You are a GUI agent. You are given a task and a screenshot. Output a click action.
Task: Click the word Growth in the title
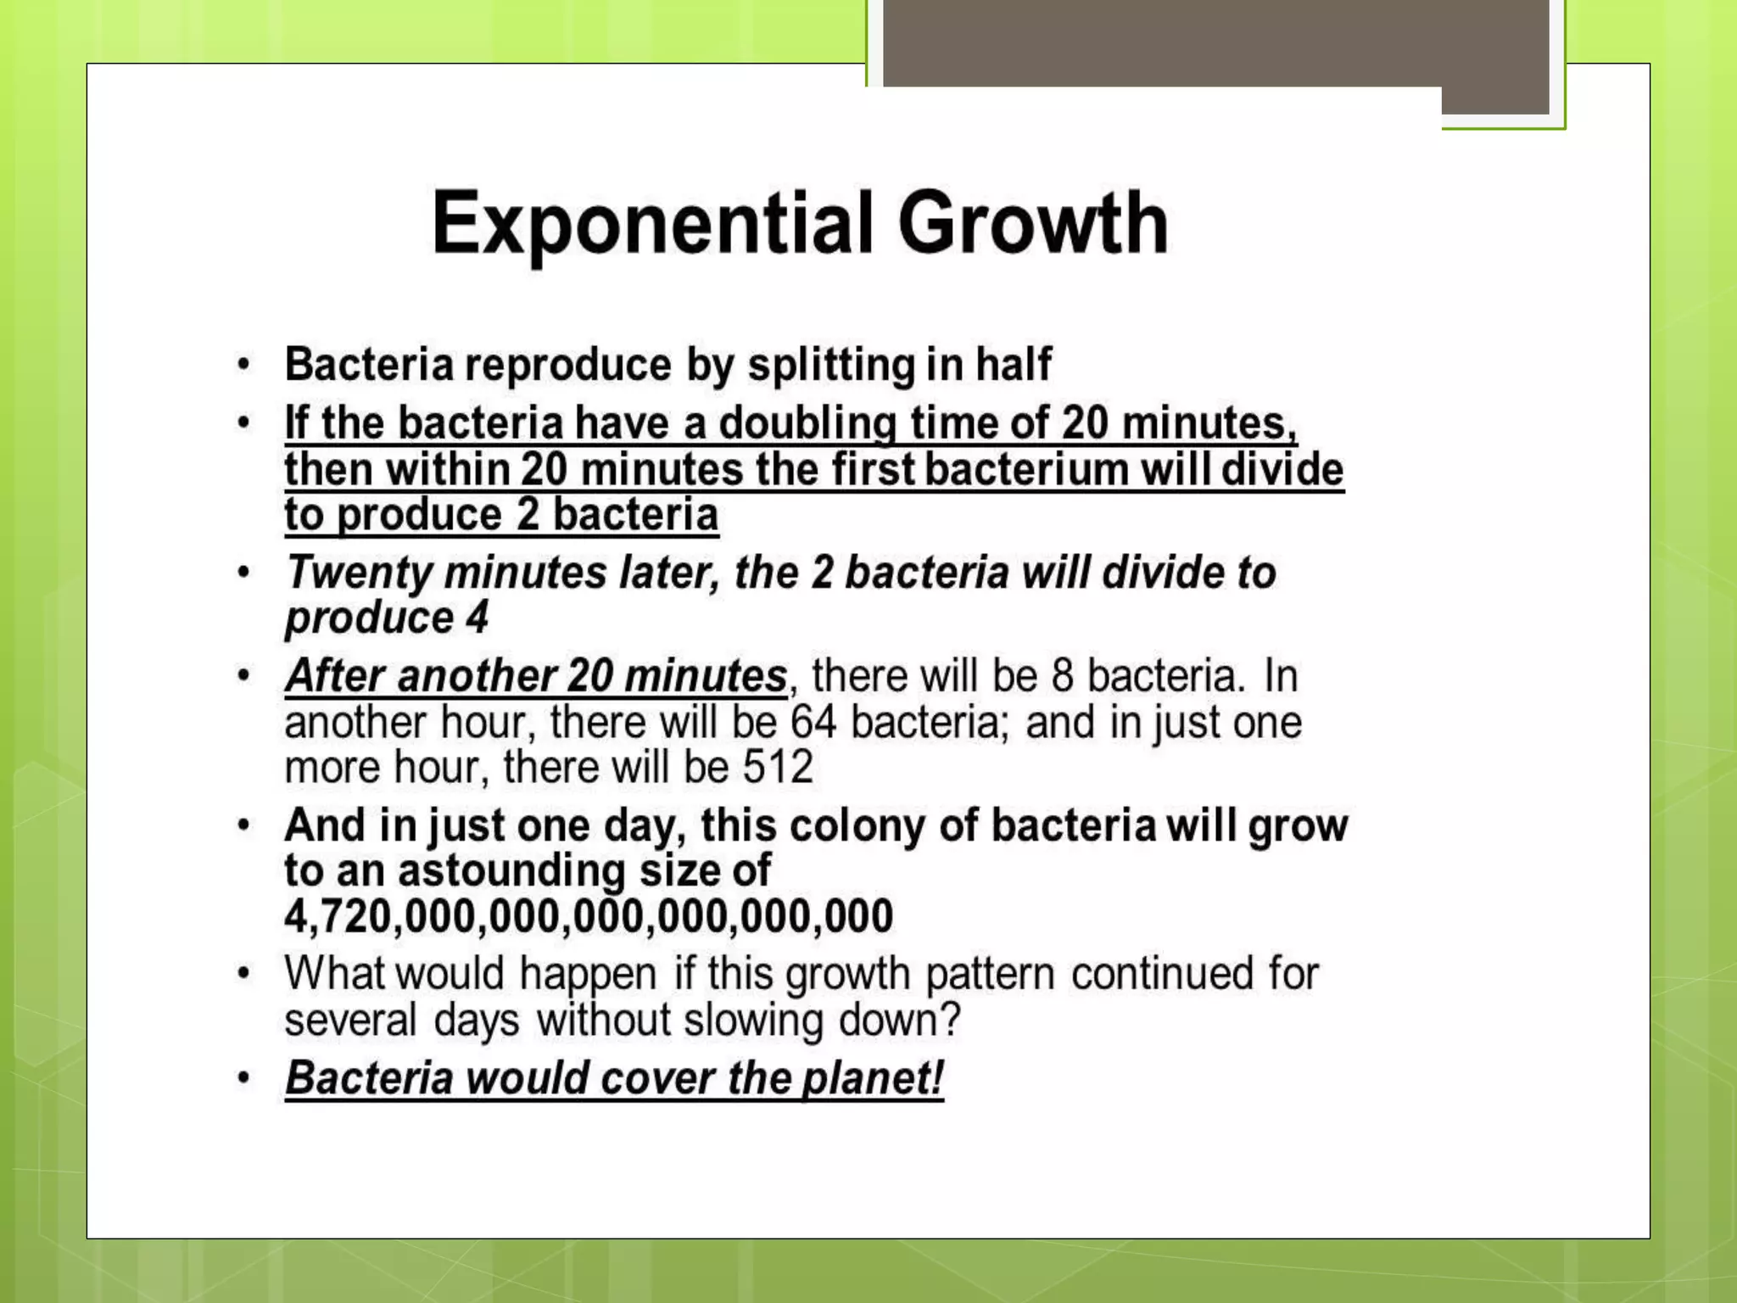(1033, 223)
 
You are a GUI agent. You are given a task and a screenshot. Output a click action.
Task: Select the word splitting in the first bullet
(830, 365)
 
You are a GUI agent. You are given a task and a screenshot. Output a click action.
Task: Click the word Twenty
(360, 573)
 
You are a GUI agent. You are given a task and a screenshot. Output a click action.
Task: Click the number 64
(813, 723)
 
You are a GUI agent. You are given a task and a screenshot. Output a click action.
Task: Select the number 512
(778, 768)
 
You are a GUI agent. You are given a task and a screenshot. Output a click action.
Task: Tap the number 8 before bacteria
(1063, 676)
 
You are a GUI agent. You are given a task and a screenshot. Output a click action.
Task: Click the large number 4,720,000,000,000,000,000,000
(589, 916)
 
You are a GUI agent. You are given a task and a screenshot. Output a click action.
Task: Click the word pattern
(990, 974)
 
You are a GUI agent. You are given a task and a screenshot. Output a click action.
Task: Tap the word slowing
(753, 1020)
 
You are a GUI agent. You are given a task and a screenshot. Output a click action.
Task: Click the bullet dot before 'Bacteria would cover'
(244, 1078)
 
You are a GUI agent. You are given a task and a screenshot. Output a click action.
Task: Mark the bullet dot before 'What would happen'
(244, 974)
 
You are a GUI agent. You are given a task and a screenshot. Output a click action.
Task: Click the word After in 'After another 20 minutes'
(334, 676)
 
